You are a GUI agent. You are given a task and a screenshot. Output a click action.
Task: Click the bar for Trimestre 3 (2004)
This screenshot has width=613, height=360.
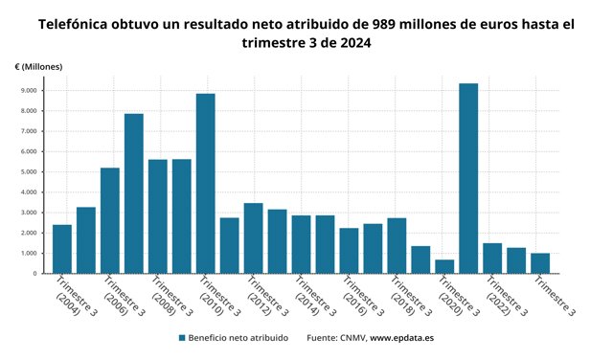[62, 249]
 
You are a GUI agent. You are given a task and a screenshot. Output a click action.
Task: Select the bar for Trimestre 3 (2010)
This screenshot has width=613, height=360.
[206, 183]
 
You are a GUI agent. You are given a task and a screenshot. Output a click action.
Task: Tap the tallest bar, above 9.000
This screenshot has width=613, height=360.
[468, 178]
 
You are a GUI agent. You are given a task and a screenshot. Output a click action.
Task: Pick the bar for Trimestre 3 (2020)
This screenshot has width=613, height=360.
[444, 266]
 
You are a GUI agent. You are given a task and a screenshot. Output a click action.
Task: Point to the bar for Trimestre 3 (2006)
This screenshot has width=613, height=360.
[110, 220]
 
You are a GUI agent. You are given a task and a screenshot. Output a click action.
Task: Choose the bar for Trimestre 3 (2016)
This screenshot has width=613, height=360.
[349, 251]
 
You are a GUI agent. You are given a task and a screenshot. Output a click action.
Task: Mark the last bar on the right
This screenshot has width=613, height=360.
[540, 263]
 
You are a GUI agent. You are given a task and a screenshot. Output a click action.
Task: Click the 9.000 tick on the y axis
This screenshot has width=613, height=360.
[30, 90]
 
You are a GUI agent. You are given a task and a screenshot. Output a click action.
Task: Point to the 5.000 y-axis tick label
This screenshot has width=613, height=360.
[30, 172]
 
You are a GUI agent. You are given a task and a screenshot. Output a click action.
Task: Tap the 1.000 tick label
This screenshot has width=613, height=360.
[30, 254]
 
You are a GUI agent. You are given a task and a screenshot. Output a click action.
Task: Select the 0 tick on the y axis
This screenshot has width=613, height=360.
[35, 274]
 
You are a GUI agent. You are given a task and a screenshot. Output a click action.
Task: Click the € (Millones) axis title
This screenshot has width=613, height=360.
[38, 67]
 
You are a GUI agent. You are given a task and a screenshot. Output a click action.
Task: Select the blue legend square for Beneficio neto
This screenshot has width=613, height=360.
[182, 338]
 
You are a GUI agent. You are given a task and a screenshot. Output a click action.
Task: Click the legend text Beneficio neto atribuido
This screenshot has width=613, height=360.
[238, 338]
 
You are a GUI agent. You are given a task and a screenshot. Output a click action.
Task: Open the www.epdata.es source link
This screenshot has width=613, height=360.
[402, 338]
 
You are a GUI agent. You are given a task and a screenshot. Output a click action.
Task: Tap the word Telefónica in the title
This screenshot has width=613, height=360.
[73, 24]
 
